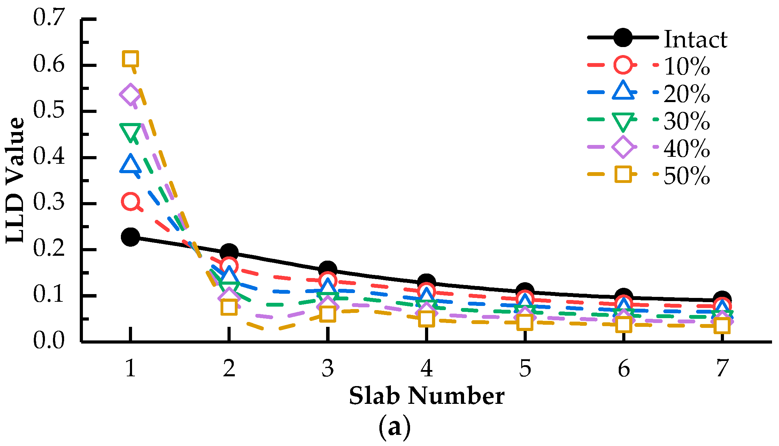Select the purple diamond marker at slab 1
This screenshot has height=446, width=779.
coord(131,94)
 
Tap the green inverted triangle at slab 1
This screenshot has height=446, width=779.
coord(130,132)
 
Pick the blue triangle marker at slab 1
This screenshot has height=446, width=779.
coord(130,164)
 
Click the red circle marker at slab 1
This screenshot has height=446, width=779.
coord(131,201)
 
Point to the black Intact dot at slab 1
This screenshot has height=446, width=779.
coord(131,237)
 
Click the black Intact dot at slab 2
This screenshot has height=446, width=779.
coord(229,252)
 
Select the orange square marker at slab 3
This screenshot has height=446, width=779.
coord(327,314)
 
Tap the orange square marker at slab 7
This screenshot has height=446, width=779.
coord(722,326)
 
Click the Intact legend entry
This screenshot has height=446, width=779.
coord(695,39)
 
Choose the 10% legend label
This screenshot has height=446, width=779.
coord(687,66)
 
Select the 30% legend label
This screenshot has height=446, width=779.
coord(687,121)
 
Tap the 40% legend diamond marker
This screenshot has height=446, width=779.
coord(623,147)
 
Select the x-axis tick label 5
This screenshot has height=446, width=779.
coord(525,368)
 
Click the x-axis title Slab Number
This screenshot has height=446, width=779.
coord(426,397)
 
